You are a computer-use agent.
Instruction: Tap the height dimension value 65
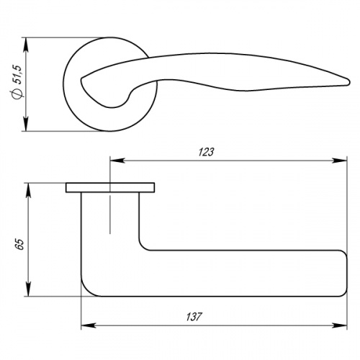(x=19, y=245)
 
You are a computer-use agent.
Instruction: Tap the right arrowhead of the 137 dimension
(x=340, y=324)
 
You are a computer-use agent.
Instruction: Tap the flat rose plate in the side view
(x=109, y=188)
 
